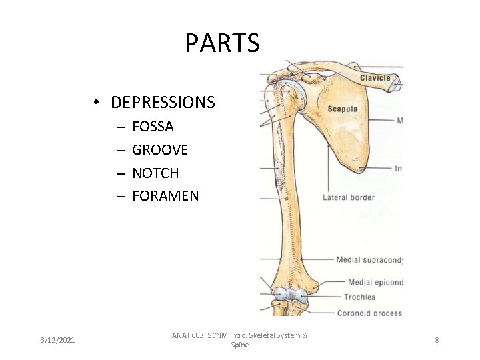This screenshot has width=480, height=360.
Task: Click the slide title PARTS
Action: [x=222, y=43]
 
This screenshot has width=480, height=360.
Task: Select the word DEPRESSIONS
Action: [x=163, y=103]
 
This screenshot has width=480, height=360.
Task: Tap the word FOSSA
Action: [x=153, y=127]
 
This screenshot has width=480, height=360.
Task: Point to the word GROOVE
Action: [x=160, y=150]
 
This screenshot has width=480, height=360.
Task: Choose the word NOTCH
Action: [x=155, y=173]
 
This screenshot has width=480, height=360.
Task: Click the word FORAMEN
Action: [x=165, y=196]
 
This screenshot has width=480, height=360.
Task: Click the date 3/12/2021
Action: [x=58, y=341]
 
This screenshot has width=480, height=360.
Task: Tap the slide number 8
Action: [x=437, y=341]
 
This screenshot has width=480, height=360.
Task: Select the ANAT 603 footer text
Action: [x=239, y=340]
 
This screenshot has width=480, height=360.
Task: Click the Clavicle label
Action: [x=375, y=78]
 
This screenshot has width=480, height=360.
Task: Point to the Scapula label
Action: [x=342, y=109]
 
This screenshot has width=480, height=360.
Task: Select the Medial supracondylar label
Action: [x=369, y=260]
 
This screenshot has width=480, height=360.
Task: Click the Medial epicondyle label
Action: [x=375, y=283]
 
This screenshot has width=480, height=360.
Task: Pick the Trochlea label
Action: [x=359, y=297]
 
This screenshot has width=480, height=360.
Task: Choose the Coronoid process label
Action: [x=369, y=313]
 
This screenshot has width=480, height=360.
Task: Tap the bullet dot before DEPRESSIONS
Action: [x=97, y=103]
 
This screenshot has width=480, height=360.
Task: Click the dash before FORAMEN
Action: [x=120, y=197]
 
